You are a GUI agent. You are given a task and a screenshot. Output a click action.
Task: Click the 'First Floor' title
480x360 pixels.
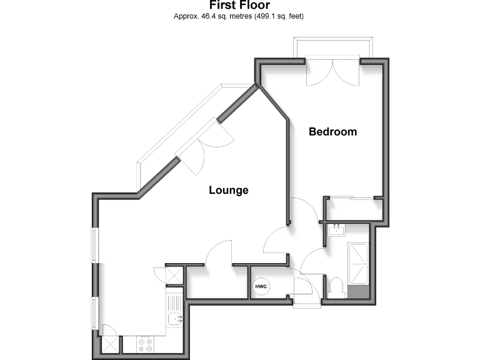click(x=239, y=5)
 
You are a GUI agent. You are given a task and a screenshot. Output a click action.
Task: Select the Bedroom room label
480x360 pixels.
click(x=333, y=132)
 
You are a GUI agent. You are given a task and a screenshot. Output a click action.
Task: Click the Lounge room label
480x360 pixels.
click(x=228, y=190)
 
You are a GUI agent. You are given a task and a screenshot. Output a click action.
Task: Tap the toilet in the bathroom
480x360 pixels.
click(x=336, y=287)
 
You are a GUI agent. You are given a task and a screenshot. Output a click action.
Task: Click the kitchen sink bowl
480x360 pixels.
click(x=174, y=319)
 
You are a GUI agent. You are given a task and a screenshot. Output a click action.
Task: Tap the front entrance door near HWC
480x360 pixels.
click(x=305, y=291)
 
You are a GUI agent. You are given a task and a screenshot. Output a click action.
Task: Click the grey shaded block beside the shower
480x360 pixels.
click(x=359, y=292)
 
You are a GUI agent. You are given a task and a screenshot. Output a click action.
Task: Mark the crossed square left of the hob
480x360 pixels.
click(x=111, y=344)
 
